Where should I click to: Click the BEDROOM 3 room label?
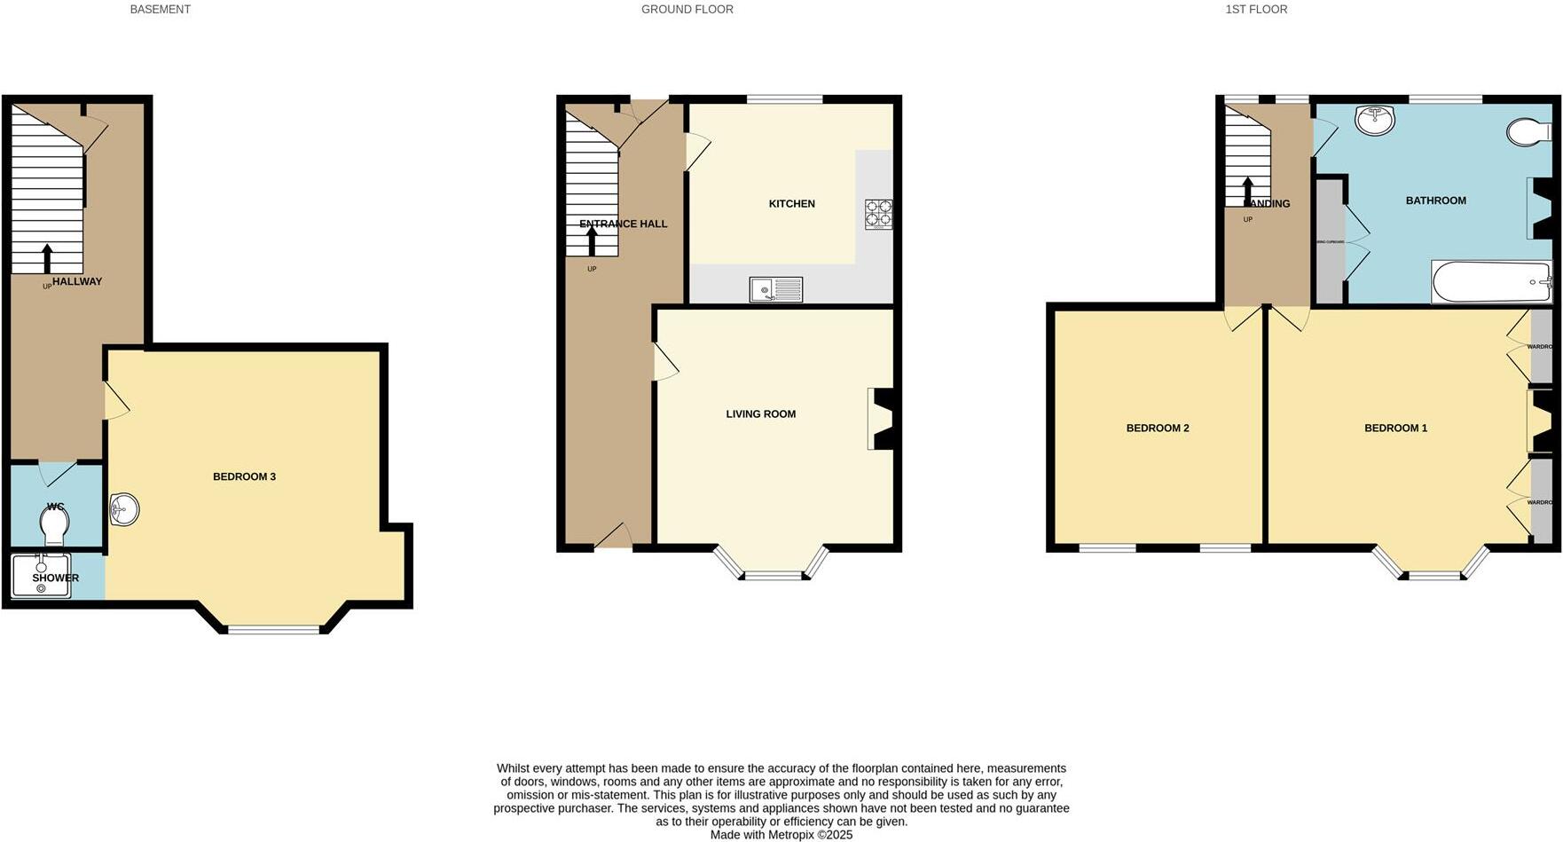coord(244,477)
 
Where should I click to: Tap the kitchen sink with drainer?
coord(776,289)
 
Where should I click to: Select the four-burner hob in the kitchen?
coord(878,214)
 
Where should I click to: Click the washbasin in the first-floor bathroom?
coord(1374,120)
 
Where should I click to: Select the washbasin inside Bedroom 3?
coord(123,509)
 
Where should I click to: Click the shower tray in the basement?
coord(41,576)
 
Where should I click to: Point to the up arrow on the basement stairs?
coord(47,258)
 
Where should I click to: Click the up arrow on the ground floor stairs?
coord(592,240)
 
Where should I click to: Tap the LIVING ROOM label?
coord(760,414)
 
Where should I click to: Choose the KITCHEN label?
coord(791,204)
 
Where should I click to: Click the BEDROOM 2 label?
coord(1157,429)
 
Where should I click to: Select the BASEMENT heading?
coord(160,10)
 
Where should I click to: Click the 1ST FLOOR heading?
coord(1256,10)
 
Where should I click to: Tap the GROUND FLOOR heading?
coord(687,10)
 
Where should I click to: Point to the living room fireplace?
coord(880,418)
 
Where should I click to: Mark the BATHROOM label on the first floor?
coord(1435,201)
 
